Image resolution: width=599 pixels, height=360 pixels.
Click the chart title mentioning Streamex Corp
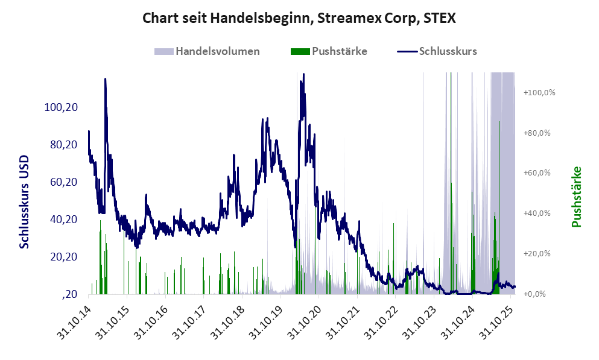pyautogui.click(x=299, y=18)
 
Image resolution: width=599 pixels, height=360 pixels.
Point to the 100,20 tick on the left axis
pyautogui.click(x=60, y=107)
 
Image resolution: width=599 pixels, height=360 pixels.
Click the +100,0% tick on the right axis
pyautogui.click(x=539, y=92)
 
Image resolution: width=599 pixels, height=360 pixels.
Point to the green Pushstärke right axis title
pyautogui.click(x=577, y=197)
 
